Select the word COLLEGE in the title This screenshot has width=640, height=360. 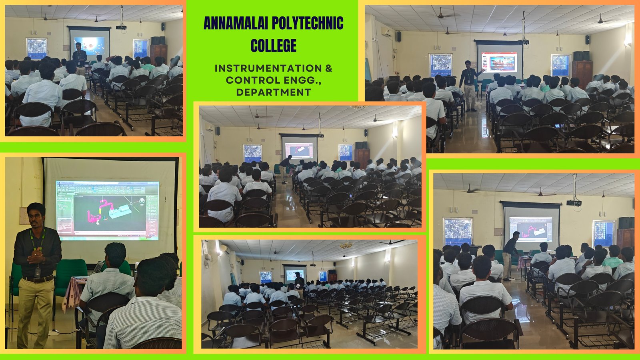pos(274,46)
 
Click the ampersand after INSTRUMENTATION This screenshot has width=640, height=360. pos(329,68)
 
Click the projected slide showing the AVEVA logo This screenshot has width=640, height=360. pos(499,62)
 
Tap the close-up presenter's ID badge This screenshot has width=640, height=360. pos(38,272)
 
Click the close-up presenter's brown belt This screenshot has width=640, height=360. pos(38,279)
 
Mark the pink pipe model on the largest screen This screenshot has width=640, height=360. pos(99,212)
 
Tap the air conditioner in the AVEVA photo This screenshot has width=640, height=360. pos(387,32)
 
